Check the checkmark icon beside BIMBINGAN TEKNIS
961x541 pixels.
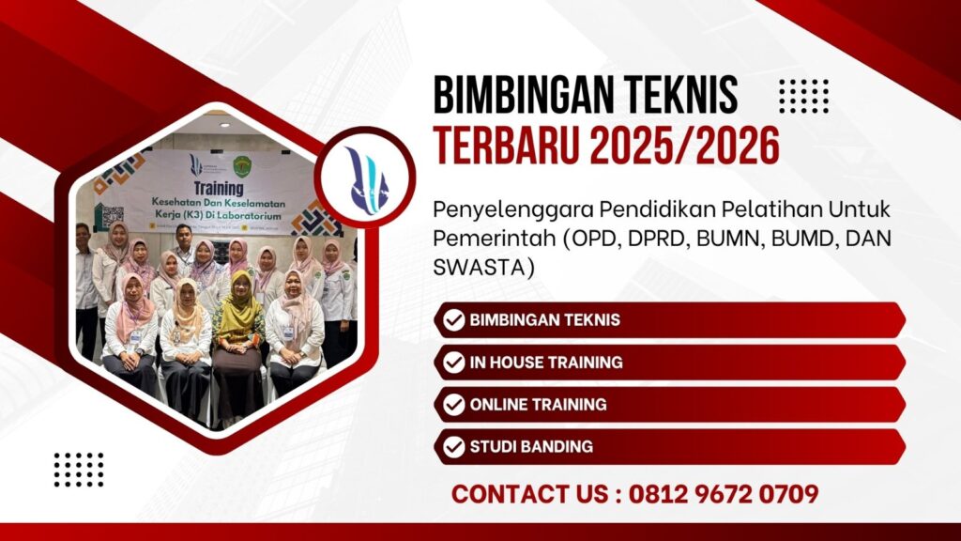(454, 320)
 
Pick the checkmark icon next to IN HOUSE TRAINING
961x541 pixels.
(454, 363)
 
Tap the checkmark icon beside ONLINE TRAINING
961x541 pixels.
(454, 405)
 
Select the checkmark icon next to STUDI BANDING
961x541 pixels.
(454, 447)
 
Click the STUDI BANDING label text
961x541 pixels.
(531, 447)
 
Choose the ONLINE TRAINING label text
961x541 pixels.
(539, 405)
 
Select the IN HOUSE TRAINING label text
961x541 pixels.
(546, 363)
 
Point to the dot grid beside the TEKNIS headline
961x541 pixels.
(804, 96)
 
